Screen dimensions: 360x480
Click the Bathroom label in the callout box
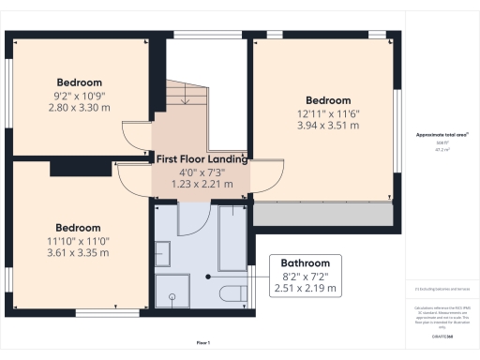[x=307, y=263]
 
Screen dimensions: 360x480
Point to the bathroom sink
[x=161, y=252]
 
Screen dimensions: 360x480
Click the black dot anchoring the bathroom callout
[x=209, y=277]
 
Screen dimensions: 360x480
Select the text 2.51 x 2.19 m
[x=307, y=288]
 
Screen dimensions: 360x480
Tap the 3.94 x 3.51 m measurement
[x=328, y=125]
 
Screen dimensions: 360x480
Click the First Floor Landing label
[x=202, y=159]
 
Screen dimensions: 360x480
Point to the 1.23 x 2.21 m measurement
[x=202, y=184]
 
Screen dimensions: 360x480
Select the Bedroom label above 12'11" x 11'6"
[x=328, y=100]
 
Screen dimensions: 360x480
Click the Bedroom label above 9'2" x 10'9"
[x=79, y=82]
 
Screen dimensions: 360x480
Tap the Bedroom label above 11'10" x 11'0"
[x=79, y=228]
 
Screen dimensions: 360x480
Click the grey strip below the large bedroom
[x=322, y=215]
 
